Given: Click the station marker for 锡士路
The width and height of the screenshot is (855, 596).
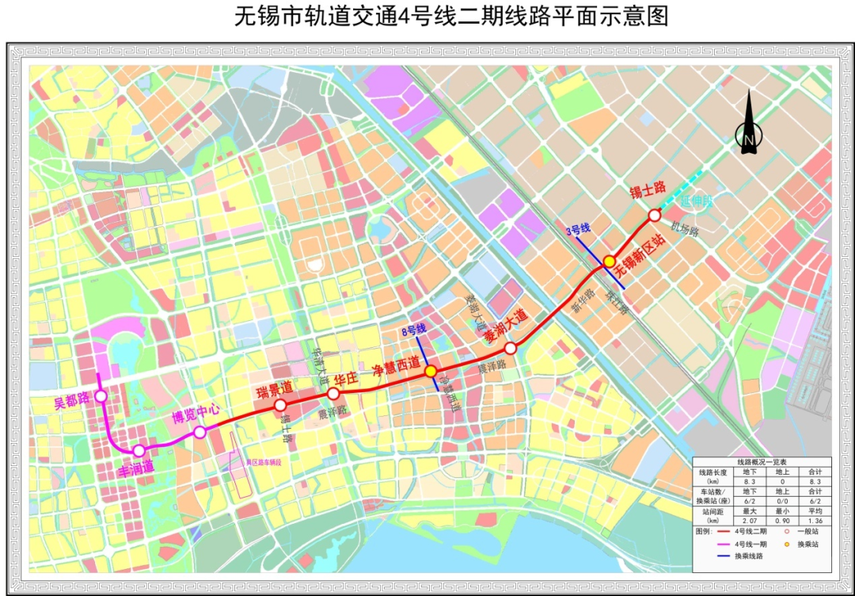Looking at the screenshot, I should click(x=655, y=215).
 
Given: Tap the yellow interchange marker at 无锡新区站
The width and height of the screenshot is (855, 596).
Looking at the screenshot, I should click(x=610, y=261).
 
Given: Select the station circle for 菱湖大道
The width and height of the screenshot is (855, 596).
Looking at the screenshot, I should click(x=511, y=348).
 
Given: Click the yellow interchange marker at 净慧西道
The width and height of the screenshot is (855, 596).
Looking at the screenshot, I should click(x=431, y=371).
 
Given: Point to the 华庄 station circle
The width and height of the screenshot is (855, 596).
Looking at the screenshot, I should click(x=333, y=393).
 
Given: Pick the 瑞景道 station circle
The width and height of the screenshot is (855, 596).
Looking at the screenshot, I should click(x=280, y=406).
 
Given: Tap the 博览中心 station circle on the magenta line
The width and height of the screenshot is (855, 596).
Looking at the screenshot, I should click(x=199, y=432).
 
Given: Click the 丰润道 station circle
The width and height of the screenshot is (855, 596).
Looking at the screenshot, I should click(x=139, y=450).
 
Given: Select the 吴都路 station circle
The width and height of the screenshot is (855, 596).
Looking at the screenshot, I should click(x=101, y=396).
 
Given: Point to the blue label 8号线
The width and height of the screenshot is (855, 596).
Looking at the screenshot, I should click(x=412, y=328).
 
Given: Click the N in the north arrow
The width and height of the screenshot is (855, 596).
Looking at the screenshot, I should click(x=748, y=139).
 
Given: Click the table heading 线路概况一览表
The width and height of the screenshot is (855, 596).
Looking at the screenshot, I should click(x=762, y=462).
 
